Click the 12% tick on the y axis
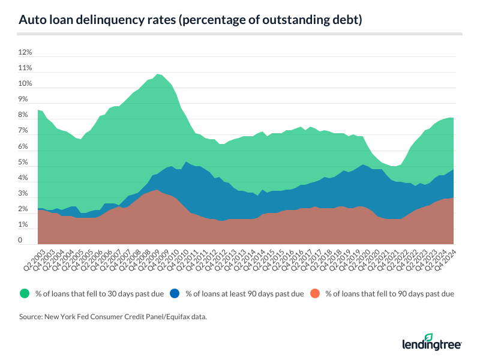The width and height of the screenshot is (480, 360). [25, 53]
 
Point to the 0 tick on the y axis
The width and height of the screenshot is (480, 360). [21, 241]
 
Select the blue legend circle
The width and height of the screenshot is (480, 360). [175, 293]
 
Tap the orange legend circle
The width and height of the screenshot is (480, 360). [315, 293]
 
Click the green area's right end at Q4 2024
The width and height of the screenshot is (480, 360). [452, 118]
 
